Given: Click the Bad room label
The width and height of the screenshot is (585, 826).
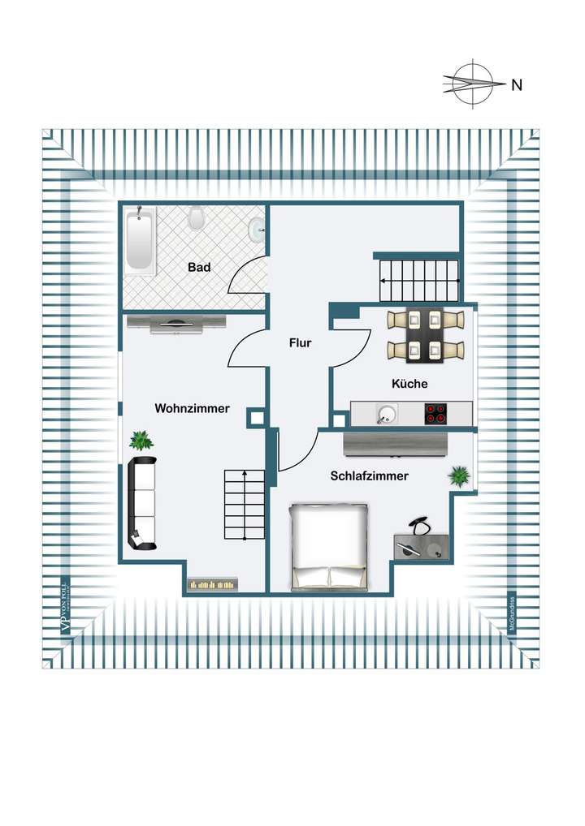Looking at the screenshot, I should tap(199, 267).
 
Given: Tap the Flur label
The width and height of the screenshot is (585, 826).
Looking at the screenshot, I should tap(301, 343).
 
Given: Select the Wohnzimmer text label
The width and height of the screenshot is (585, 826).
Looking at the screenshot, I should tap(192, 409).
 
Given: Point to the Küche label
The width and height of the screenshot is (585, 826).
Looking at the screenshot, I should tap(409, 384).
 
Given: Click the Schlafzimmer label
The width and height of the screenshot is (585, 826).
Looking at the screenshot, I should tap(369, 477).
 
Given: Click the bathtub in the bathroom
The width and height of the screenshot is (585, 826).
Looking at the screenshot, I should tap(140, 241).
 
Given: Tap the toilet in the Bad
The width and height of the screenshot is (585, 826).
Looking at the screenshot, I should tap(196, 218).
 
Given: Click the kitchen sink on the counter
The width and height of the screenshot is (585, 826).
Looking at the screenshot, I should tap(387, 415).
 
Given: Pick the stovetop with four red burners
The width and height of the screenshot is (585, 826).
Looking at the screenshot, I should tap(436, 414).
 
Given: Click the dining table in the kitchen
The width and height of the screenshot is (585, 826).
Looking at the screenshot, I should tap(423, 334).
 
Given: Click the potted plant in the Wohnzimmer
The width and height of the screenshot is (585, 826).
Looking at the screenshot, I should tap(141, 441).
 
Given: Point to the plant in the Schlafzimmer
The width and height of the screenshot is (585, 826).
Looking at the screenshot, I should tap(460, 476).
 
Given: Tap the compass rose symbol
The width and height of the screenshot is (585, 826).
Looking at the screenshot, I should tap(473, 84).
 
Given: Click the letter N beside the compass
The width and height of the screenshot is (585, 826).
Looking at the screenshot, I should tap(516, 84).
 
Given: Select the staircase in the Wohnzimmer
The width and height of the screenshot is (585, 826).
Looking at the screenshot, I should tap(245, 504).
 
